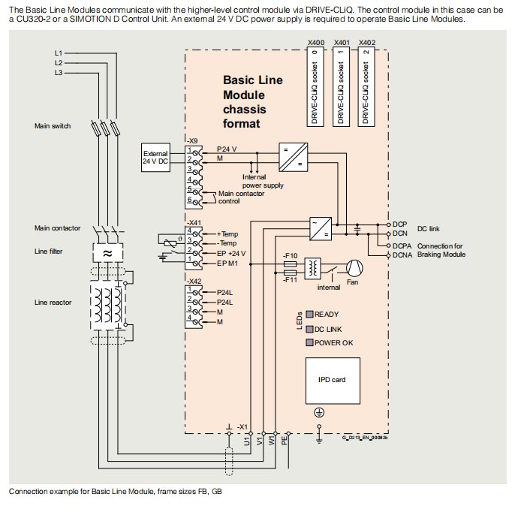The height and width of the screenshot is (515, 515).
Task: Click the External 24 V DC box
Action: (155, 158)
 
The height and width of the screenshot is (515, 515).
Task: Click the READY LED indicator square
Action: (309, 314)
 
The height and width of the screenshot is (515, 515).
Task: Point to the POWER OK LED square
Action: (309, 342)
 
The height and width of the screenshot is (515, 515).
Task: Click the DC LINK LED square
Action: (309, 328)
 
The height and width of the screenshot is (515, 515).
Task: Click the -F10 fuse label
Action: (291, 255)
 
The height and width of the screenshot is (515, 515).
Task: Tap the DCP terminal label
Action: (400, 224)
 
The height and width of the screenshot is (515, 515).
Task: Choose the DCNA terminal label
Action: (402, 255)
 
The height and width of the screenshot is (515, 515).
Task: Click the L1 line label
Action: (59, 54)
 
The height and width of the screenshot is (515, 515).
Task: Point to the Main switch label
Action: (53, 126)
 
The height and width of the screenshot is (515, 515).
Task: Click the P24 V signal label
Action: (227, 149)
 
